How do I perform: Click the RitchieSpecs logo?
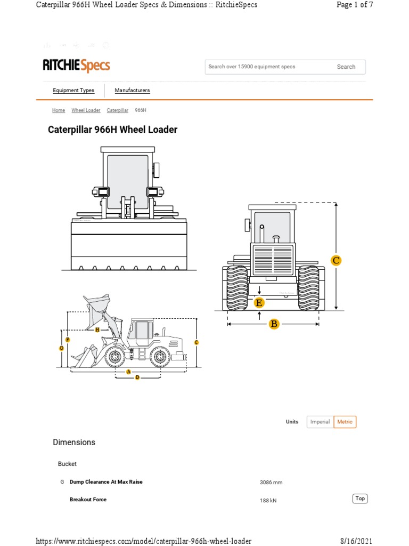76,66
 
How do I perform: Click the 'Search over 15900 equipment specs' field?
266,67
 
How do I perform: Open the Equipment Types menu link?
73,91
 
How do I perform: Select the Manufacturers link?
132,91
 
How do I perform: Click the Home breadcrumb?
59,110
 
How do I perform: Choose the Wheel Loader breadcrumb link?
86,110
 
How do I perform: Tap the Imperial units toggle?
320,422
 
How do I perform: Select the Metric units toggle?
345,422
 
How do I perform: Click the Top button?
360,499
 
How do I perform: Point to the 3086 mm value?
271,483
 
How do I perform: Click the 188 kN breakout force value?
268,501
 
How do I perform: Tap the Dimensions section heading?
74,442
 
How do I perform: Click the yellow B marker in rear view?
274,324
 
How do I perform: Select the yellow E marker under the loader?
259,303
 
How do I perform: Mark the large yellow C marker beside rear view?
336,260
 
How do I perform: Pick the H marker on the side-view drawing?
97,330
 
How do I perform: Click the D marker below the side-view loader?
137,377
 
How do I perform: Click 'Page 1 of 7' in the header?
355,5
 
